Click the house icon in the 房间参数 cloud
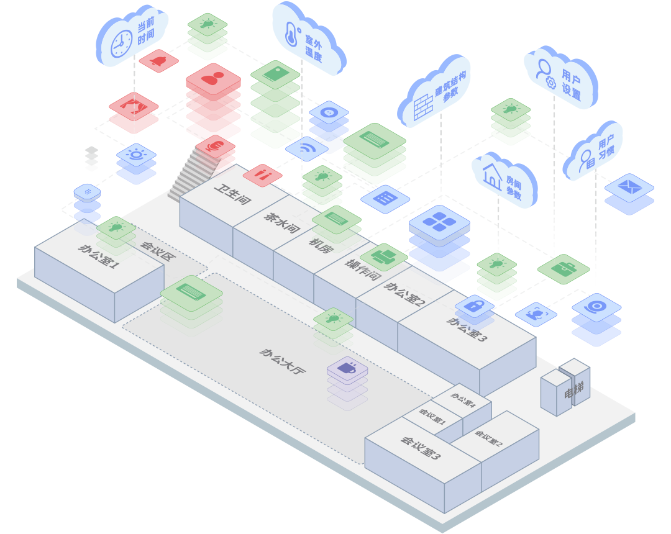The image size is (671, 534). tap(492, 176)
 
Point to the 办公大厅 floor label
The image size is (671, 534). tap(283, 361)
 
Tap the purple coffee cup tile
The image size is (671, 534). tap(347, 368)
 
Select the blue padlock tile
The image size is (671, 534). tap(475, 305)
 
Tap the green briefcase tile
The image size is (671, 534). tap(564, 268)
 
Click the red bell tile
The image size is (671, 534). tap(158, 61)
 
